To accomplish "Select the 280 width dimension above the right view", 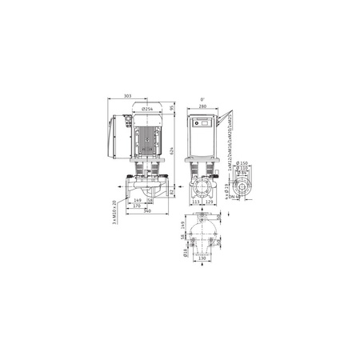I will click(x=202, y=107).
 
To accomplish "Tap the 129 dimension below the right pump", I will click(x=210, y=202).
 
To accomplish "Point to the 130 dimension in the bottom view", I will click(x=202, y=260).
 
